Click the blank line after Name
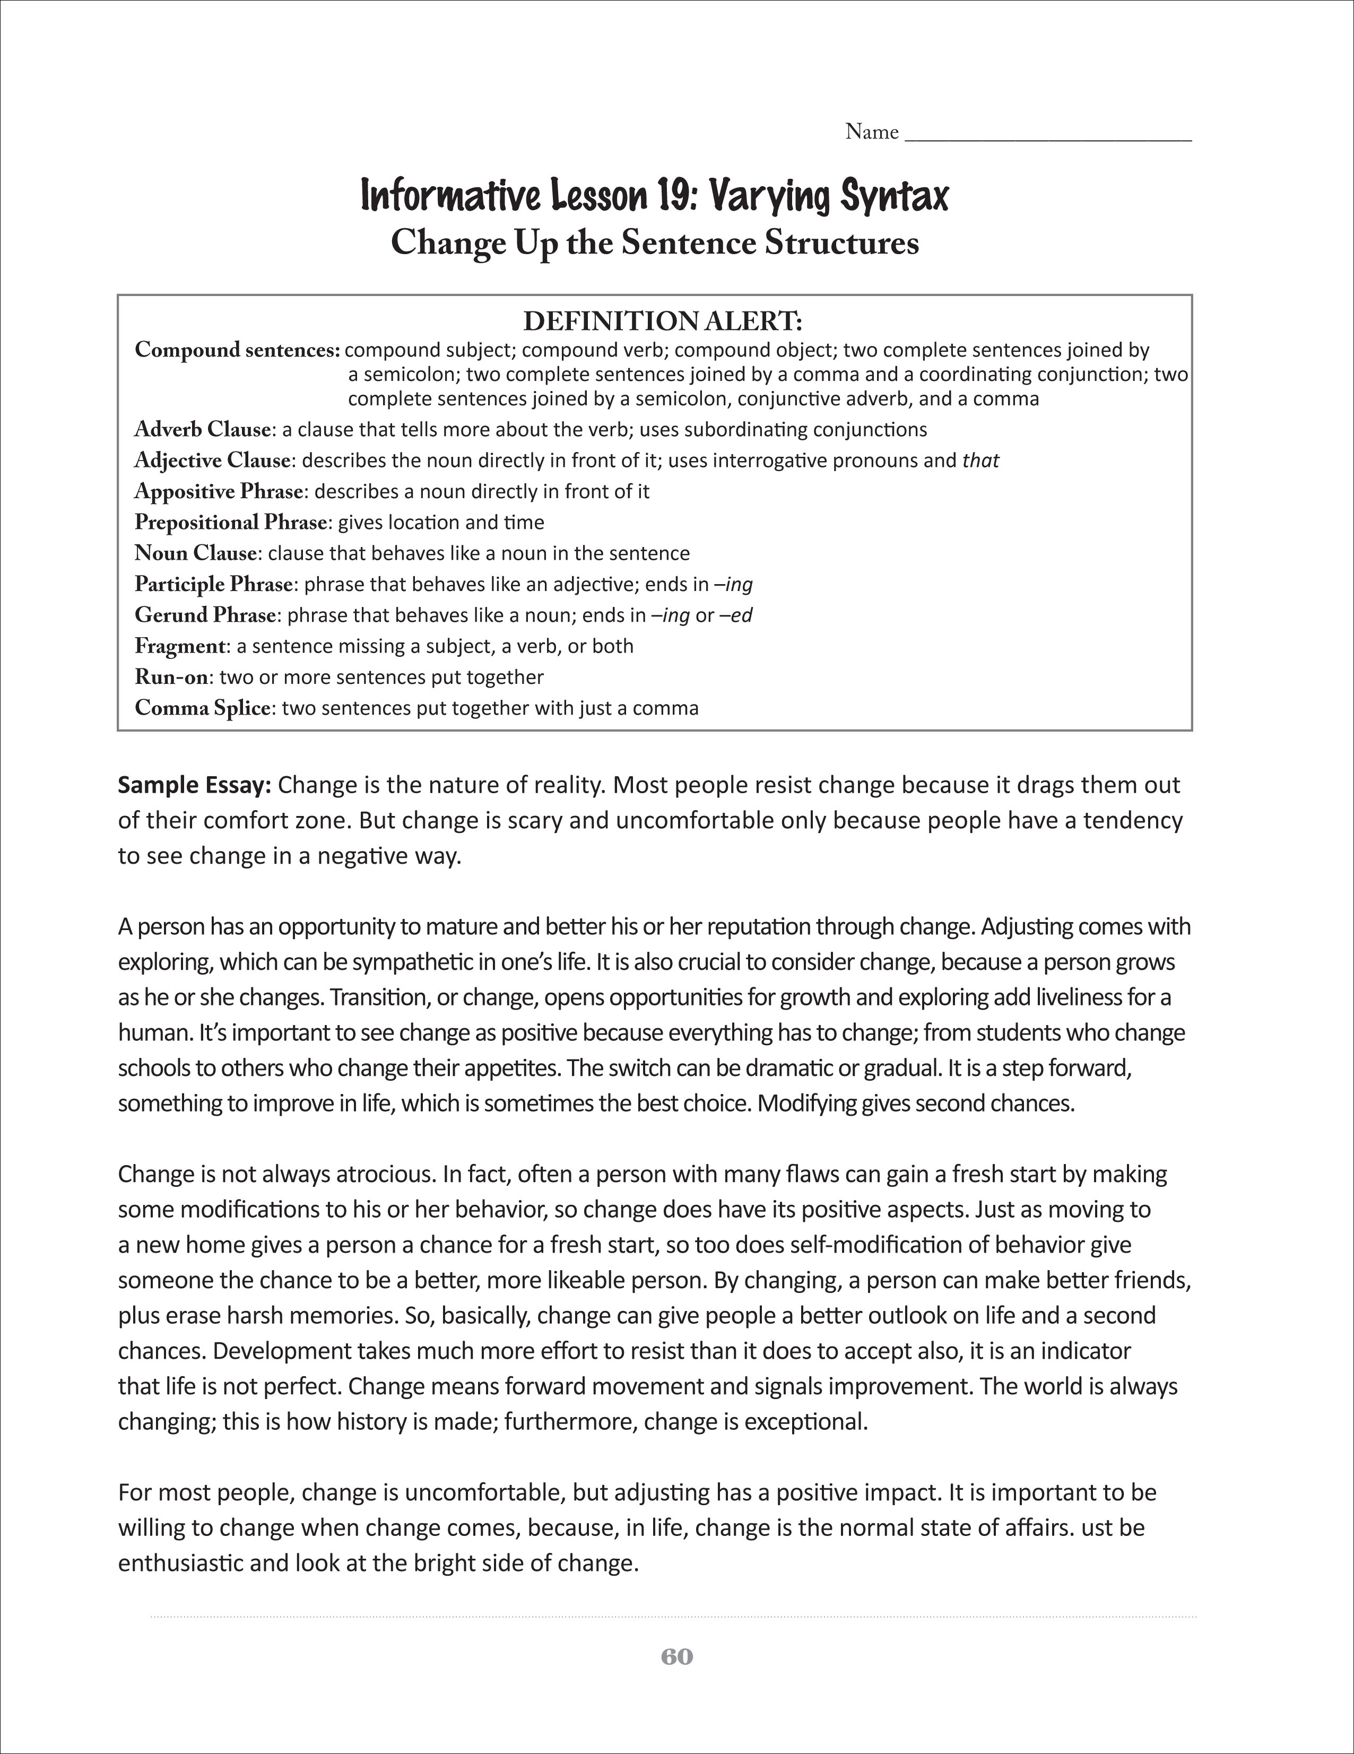(1048, 135)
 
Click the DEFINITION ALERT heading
(663, 321)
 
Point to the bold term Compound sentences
(238, 350)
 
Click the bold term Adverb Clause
(202, 430)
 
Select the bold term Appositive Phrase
(219, 491)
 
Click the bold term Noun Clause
(195, 553)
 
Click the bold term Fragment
(180, 647)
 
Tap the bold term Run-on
(171, 677)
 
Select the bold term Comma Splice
(202, 708)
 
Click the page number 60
(676, 1657)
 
